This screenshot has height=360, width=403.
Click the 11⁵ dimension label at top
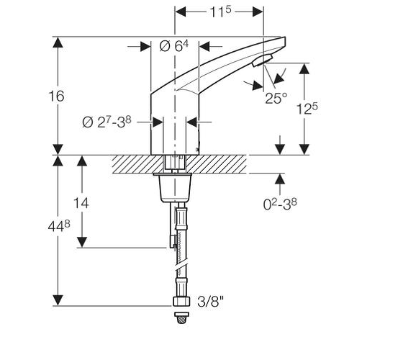click(x=221, y=12)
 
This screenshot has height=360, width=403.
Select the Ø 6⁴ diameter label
click(x=173, y=46)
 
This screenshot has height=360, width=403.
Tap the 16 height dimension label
click(x=56, y=96)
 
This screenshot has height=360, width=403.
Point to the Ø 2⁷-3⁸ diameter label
click(x=107, y=122)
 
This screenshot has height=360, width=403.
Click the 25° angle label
click(x=276, y=98)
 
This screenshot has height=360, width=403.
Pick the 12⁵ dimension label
click(x=307, y=109)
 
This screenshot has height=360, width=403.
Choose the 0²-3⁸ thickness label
click(x=280, y=204)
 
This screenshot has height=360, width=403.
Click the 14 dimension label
click(x=81, y=203)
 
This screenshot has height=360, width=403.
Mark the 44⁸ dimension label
click(x=59, y=227)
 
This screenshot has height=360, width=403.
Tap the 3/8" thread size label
click(x=210, y=301)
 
